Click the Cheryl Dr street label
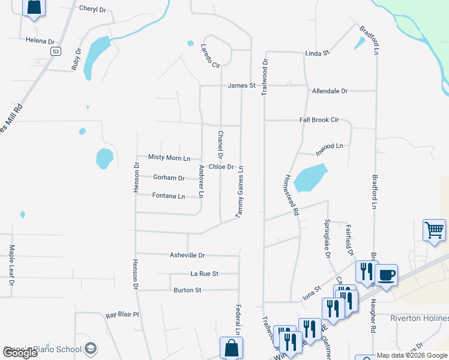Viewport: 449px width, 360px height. [92, 9]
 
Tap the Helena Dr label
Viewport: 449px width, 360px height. [40, 41]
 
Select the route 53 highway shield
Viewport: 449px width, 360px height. [56, 52]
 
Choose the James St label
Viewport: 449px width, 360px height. [241, 86]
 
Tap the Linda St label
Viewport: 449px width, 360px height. [318, 53]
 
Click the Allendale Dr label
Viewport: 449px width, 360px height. [330, 91]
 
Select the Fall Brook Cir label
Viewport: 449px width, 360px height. [319, 120]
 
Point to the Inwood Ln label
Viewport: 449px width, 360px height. [330, 146]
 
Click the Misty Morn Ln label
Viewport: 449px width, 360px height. [169, 158]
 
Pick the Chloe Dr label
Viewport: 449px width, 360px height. [221, 167]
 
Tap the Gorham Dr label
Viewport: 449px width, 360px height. [169, 178]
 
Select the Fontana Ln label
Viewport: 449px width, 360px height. [168, 196]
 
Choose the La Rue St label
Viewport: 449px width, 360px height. [204, 274]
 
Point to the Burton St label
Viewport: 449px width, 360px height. [187, 290]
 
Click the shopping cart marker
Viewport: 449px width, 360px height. [434, 229]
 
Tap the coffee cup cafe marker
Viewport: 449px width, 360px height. [386, 274]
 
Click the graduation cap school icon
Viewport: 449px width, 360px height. [90, 348]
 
